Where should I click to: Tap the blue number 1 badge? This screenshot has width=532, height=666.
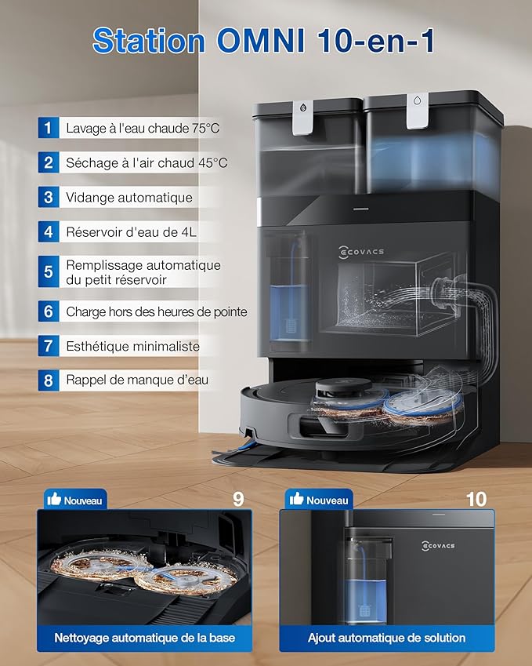49,128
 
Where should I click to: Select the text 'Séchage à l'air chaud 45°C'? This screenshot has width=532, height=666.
147,162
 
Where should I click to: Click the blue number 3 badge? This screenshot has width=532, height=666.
49,197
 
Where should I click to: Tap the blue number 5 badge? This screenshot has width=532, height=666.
49,271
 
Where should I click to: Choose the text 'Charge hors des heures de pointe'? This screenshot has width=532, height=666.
157,311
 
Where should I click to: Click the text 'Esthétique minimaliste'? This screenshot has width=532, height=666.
132,346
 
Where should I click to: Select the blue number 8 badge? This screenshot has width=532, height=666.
49,380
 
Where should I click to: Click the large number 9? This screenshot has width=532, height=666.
238,499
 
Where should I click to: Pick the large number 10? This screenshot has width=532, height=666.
476,499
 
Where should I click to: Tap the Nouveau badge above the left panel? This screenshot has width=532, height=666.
75,500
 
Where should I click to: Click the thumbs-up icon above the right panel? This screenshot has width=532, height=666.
295,500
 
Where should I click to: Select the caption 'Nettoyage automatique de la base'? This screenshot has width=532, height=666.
144,638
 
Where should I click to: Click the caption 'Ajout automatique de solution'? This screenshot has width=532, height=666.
386,638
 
